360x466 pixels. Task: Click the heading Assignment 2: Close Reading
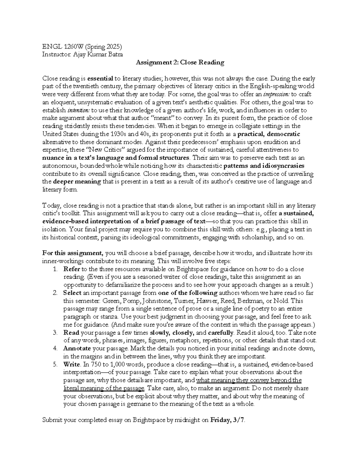(180, 62)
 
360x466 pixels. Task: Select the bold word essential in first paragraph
(100, 79)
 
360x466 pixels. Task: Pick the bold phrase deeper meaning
(77, 182)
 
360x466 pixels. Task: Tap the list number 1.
(55, 269)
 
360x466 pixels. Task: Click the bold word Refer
(71, 269)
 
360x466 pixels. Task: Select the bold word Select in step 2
(72, 293)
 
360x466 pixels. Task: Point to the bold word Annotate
(77, 348)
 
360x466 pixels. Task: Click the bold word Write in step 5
(72, 364)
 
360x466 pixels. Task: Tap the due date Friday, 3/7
(228, 420)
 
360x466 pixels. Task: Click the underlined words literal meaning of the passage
(104, 388)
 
